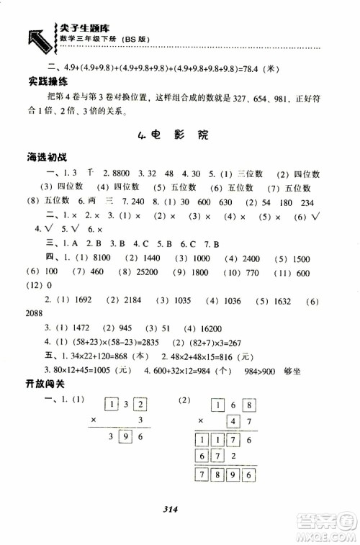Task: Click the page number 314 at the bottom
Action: (x=180, y=512)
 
